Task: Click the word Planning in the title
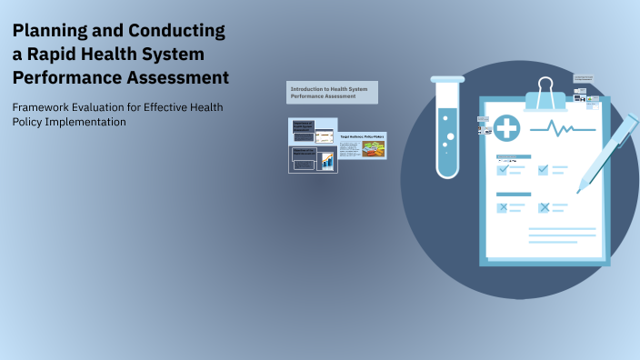51,32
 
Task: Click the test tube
448,126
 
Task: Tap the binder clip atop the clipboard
545,93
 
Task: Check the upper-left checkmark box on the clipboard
502,169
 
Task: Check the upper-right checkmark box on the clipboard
544,169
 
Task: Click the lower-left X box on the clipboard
502,207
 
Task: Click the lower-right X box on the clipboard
544,207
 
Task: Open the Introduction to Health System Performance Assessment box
332,92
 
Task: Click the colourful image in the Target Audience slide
373,149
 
